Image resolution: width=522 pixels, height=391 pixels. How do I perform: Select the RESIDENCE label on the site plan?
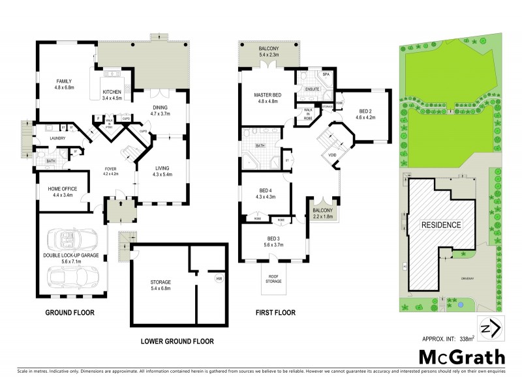(x=440, y=225)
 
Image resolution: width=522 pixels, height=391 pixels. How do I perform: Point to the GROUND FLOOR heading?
(x=70, y=313)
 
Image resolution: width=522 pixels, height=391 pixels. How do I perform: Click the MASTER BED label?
(x=266, y=95)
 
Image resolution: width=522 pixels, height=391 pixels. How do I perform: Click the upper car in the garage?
(x=74, y=238)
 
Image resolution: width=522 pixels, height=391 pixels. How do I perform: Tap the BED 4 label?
(x=265, y=190)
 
